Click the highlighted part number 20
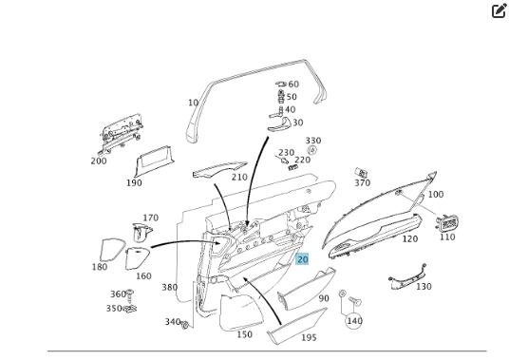coord(302,259)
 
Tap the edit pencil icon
coord(500,10)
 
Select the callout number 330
coord(313,141)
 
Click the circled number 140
coord(354,321)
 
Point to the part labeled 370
coord(360,172)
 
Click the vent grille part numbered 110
coord(447,222)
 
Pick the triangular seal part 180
coord(111,250)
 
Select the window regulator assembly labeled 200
coord(121,133)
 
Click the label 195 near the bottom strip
coord(309,337)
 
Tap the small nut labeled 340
coord(184,325)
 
